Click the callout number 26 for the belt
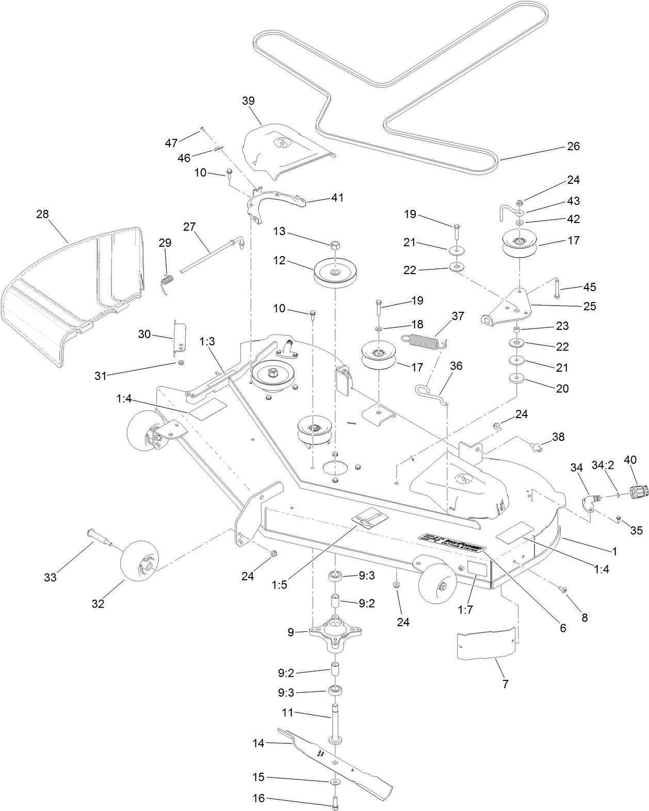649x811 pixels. (x=573, y=147)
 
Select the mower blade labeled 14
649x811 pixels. (x=335, y=759)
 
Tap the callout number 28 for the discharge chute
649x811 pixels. (x=42, y=214)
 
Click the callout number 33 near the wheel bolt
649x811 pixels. (x=50, y=577)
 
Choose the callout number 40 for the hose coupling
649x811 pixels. (x=630, y=459)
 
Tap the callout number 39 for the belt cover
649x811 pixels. (x=249, y=101)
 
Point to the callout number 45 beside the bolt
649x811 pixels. (x=590, y=287)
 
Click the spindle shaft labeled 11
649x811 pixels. (x=335, y=723)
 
